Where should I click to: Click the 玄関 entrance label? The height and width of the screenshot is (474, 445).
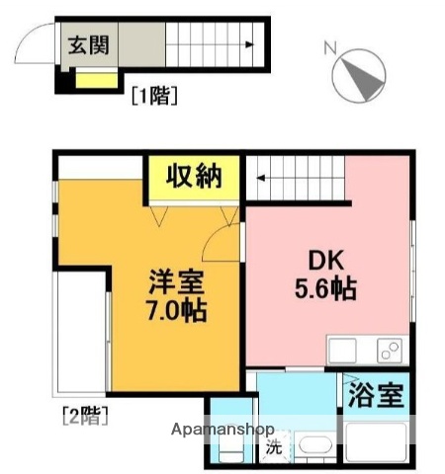[x=88, y=44]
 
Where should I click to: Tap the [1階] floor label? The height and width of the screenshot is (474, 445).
[x=153, y=96]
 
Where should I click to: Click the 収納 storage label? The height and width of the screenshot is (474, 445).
[x=193, y=179]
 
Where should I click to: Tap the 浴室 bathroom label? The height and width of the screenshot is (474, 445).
[x=376, y=396]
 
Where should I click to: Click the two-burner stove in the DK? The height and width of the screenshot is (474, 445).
[x=387, y=350]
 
